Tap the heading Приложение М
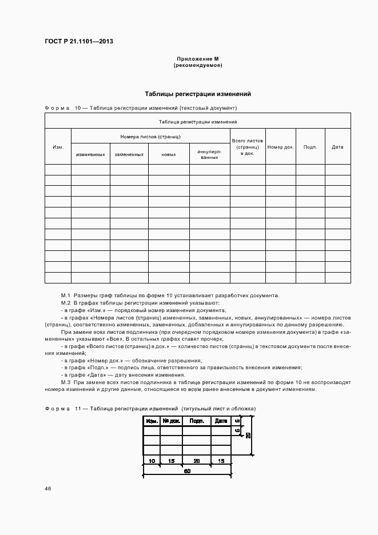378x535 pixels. click(197, 59)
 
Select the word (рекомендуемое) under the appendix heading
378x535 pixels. click(197, 66)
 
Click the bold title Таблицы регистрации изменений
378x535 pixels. click(197, 94)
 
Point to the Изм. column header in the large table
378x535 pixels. click(58, 147)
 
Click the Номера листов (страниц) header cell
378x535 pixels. click(150, 137)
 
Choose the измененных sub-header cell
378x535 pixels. click(90, 154)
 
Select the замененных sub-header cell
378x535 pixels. click(129, 154)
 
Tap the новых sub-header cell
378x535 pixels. click(169, 154)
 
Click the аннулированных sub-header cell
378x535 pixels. click(209, 154)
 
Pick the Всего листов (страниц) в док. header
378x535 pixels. click(248, 147)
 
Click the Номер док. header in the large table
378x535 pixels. click(280, 147)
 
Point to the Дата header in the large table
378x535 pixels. click(337, 147)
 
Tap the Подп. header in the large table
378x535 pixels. click(311, 147)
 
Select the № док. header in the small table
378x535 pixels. click(171, 421)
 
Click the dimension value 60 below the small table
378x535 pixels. click(187, 472)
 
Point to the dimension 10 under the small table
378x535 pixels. click(152, 461)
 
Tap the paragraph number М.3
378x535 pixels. click(65, 382)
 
